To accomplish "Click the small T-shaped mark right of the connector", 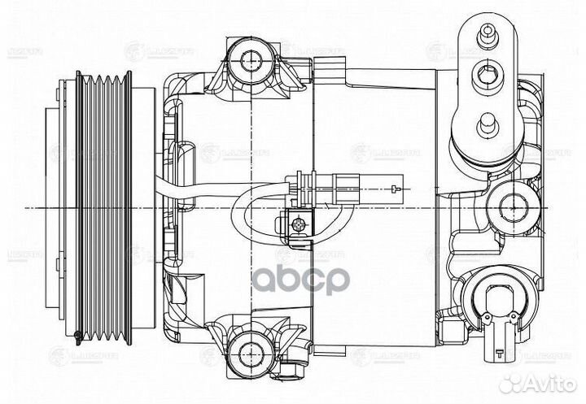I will [x=396, y=189].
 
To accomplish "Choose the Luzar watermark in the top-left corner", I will [x=23, y=52].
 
